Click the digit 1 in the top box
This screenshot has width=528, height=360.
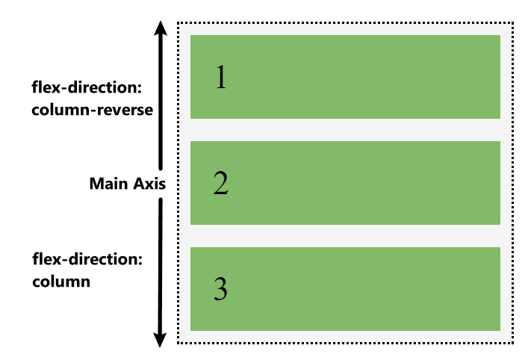pos(220,77)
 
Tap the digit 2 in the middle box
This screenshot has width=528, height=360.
pos(220,183)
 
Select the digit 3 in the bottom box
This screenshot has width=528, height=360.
pos(220,289)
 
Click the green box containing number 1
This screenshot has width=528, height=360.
pos(345,76)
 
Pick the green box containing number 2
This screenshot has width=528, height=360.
pos(345,182)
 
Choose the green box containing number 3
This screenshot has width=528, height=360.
pos(345,288)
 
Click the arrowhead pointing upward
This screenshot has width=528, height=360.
pos(160,29)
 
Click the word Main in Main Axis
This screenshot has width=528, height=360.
pos(106,184)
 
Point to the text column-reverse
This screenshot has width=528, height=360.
pos(93,110)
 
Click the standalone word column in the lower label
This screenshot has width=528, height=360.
pos(61,282)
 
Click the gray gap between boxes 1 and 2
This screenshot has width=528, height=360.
pos(345,129)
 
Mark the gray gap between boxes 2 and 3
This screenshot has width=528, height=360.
pos(345,235)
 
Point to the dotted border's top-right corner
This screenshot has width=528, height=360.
pos(513,23)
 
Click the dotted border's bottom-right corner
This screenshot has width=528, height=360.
pos(513,344)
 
